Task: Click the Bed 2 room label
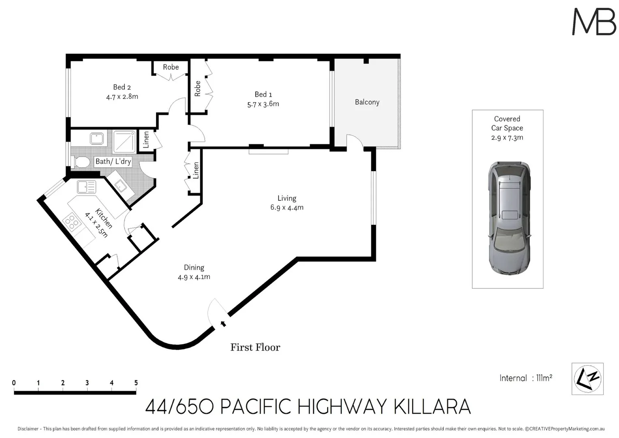(122, 87)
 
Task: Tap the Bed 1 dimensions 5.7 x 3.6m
(263, 104)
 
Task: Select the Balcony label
(367, 102)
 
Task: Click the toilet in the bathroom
(81, 162)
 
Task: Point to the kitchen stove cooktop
(72, 222)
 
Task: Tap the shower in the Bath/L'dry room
(124, 142)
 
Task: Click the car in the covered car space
(509, 218)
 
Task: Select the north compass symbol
(587, 379)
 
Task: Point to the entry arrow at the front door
(223, 324)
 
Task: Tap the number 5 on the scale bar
(136, 383)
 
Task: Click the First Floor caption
(255, 347)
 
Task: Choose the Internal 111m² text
(526, 378)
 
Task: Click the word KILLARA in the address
(432, 407)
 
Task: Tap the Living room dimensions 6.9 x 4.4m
(287, 207)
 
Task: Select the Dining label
(194, 267)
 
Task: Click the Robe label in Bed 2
(171, 67)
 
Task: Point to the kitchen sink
(86, 187)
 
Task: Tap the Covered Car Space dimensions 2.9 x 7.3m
(507, 137)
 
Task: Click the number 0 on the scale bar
(14, 383)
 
